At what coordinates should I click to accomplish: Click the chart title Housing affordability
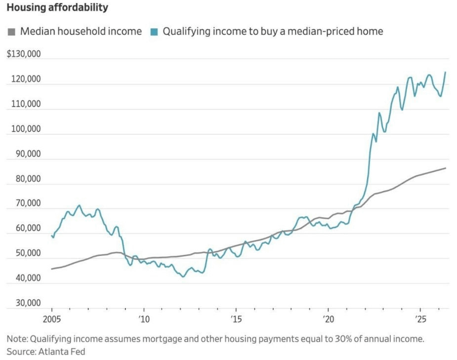pos(57,7)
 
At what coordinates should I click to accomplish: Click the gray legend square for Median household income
pos(11,32)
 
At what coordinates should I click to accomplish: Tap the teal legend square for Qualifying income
pos(154,32)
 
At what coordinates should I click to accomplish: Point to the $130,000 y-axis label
pos(24,54)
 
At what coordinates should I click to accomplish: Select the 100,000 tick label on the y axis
pos(26,129)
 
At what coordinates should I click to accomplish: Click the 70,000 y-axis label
pos(28,203)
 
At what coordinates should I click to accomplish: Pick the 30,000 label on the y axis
pos(28,303)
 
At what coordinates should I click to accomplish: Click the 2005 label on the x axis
pos(52,319)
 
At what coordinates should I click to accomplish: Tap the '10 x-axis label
pos(144,319)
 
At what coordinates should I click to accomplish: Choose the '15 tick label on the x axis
pos(236,319)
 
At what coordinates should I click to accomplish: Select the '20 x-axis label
pos(328,319)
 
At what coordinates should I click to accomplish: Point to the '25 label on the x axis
pos(420,319)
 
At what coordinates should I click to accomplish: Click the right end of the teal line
pos(445,72)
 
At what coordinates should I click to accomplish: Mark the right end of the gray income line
pos(445,168)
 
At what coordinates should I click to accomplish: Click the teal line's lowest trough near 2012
pos(183,277)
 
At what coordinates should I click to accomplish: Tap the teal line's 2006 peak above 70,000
pos(79,205)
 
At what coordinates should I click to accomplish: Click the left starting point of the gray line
pos(51,269)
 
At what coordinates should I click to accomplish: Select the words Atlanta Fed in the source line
pos(62,352)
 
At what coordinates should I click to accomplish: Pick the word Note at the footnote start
pos(17,339)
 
